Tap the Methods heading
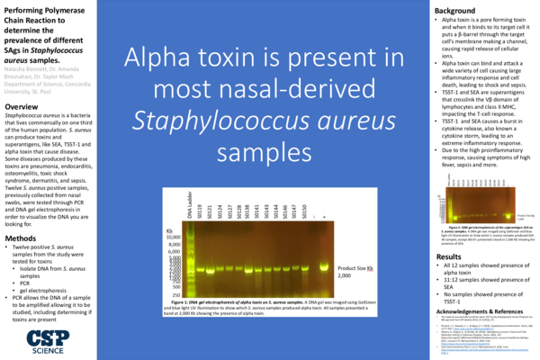click(x=23, y=238)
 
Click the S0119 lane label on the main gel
click(x=202, y=209)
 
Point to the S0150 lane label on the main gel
click(x=305, y=209)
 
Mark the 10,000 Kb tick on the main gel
click(x=175, y=237)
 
